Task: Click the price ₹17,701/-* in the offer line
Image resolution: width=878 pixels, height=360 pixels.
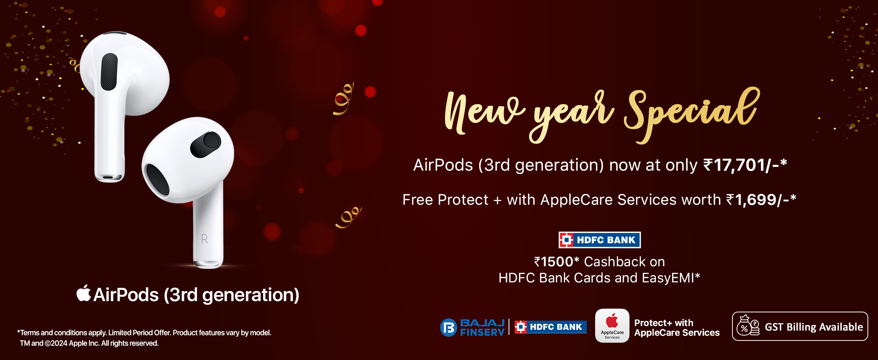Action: point(745,165)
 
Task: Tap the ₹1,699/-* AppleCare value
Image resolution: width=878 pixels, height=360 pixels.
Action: point(761,199)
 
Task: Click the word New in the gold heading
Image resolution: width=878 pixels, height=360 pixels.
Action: point(484,112)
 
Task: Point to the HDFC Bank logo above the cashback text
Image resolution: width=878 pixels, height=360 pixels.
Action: point(600,240)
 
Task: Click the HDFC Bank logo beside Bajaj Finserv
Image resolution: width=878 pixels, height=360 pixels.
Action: point(550,327)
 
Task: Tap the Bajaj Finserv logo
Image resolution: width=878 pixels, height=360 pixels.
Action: point(472,327)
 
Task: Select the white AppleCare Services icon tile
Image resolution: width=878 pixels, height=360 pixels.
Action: point(612,325)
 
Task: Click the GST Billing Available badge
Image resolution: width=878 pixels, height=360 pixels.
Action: point(800,326)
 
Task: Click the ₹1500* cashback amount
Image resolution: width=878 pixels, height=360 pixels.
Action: point(557,262)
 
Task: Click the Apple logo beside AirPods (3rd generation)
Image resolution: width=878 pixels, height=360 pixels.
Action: point(84,293)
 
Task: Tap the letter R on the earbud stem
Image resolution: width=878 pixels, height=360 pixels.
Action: point(204,239)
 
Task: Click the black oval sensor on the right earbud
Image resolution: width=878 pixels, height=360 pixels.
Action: point(206,144)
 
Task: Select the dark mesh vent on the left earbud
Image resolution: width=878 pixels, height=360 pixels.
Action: point(109,72)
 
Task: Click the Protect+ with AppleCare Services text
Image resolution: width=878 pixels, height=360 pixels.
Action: point(677,328)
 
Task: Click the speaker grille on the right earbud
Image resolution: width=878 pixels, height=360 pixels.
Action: point(158,180)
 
